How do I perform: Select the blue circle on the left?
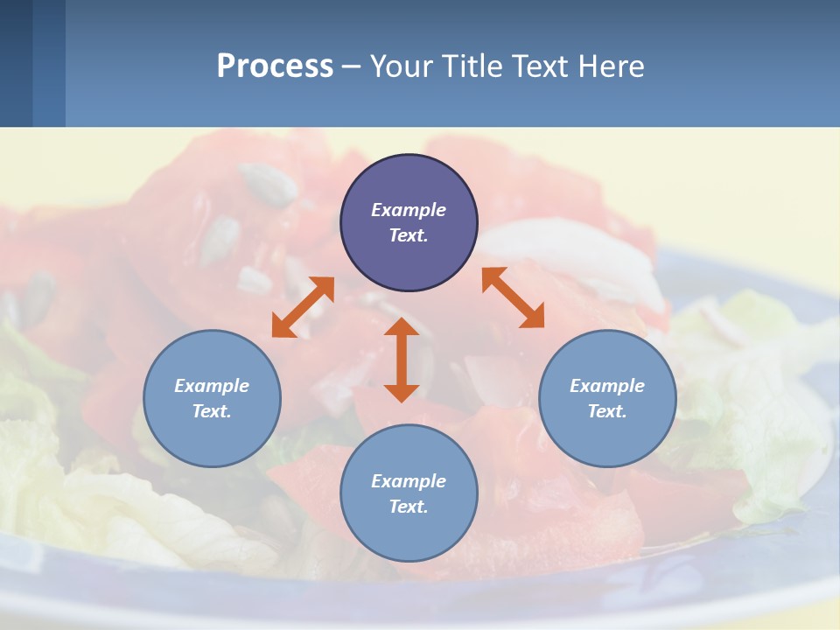(x=212, y=437)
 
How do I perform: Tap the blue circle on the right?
(x=607, y=437)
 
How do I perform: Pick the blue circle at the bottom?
(x=409, y=534)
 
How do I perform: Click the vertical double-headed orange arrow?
(x=402, y=360)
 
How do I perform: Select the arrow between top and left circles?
(x=303, y=307)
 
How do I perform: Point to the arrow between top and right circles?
(x=513, y=297)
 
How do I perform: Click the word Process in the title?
(x=275, y=66)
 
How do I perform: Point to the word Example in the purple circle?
(x=409, y=210)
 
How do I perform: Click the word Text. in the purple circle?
(x=409, y=235)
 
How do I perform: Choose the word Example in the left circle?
(x=212, y=386)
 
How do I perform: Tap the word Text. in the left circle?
(x=212, y=411)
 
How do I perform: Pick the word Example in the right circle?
(x=607, y=386)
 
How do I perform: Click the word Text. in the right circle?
(x=607, y=411)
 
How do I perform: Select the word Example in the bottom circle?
(x=409, y=481)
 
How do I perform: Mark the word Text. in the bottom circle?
(x=409, y=507)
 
